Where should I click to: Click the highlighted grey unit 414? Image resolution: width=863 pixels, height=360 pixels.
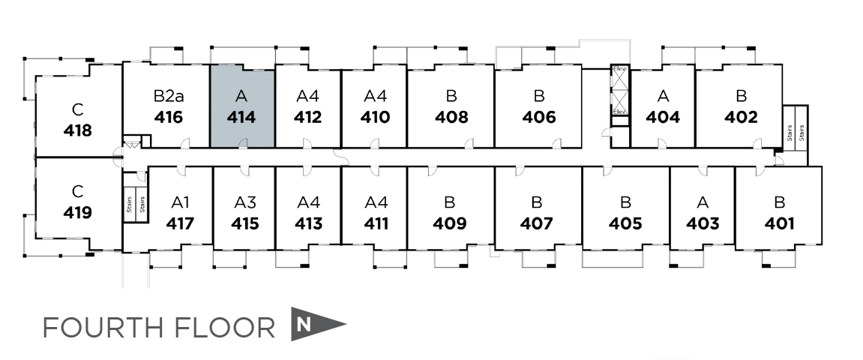pos(241,106)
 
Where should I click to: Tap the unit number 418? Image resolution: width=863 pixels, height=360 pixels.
pos(78,130)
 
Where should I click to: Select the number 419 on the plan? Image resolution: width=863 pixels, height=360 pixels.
pos(78,212)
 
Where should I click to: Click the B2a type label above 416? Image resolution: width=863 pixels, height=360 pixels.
pos(169,96)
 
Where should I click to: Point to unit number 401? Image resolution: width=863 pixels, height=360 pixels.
pos(780,223)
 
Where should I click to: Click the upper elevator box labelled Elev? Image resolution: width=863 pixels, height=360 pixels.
pos(620,68)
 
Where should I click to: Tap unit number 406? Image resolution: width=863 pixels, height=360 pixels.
pos(539,118)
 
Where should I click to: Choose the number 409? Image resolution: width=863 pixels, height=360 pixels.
pos(450,223)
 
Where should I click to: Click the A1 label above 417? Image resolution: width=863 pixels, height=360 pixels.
pos(181,202)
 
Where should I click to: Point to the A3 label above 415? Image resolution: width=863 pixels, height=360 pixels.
pos(245,202)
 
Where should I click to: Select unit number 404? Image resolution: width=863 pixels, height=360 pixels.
pos(663,118)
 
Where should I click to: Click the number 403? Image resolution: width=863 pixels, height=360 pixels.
pos(703,223)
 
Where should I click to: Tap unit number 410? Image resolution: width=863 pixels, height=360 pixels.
pos(375,118)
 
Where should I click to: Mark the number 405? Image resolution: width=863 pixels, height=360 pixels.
pos(625,223)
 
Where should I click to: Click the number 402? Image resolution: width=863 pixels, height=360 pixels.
pos(741,118)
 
